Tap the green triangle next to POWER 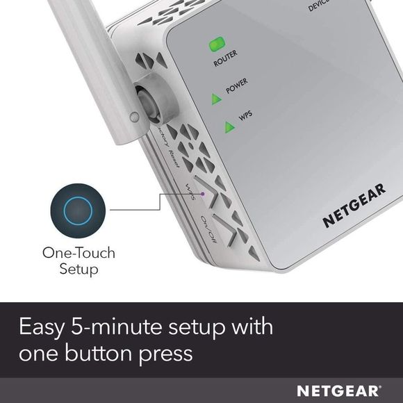point(217,99)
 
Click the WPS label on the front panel point(246,115)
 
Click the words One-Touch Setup point(78,261)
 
